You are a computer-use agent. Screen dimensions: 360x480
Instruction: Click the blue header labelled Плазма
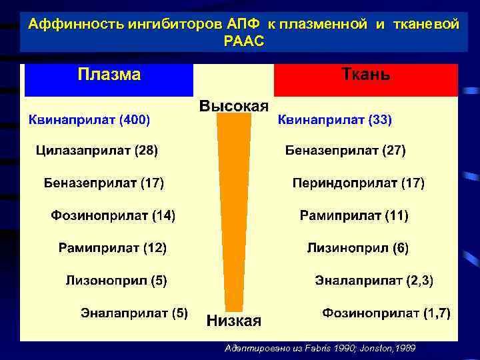(x=109, y=79)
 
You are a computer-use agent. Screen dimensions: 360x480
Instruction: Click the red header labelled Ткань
(x=365, y=79)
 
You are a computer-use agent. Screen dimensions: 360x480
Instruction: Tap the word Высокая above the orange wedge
(x=234, y=106)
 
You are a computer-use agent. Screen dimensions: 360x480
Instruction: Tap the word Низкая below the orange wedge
(x=234, y=321)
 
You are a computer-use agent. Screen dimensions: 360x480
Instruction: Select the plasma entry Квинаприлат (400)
(x=88, y=121)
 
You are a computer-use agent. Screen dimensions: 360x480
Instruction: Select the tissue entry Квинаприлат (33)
(x=335, y=121)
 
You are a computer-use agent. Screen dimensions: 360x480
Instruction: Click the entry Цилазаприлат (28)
(x=97, y=151)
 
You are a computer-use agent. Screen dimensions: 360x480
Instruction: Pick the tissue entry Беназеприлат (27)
(x=345, y=151)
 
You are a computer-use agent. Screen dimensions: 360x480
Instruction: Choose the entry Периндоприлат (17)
(x=359, y=183)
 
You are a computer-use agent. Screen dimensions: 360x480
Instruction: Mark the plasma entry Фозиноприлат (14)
(x=113, y=215)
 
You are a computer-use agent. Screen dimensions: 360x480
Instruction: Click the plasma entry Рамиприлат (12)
(x=113, y=248)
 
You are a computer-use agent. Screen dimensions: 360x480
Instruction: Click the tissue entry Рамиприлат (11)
(x=354, y=215)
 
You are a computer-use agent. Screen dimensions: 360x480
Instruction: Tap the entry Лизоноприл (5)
(x=117, y=281)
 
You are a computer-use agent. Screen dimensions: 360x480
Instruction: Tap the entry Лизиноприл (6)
(x=357, y=248)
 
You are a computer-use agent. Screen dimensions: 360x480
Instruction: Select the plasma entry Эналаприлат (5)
(x=134, y=312)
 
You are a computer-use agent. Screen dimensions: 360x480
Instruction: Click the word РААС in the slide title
(x=245, y=41)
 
